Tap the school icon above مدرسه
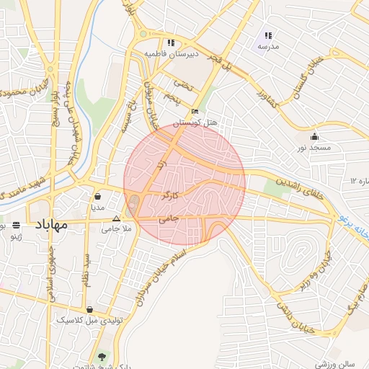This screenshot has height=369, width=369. (x=267, y=35)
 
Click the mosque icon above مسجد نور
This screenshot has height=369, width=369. (x=314, y=137)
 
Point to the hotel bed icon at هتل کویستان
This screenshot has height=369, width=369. (x=195, y=112)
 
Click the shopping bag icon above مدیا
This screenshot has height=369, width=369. (x=97, y=196)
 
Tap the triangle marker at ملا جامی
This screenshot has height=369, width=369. (x=116, y=218)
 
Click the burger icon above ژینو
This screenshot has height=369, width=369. (x=16, y=224)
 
